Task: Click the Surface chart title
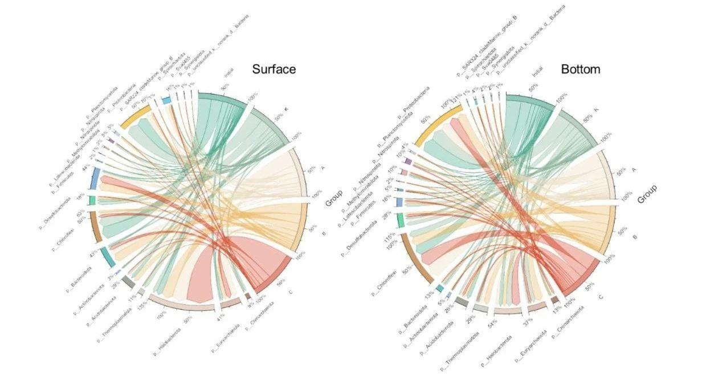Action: (x=274, y=69)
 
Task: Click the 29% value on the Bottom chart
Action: (x=471, y=317)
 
